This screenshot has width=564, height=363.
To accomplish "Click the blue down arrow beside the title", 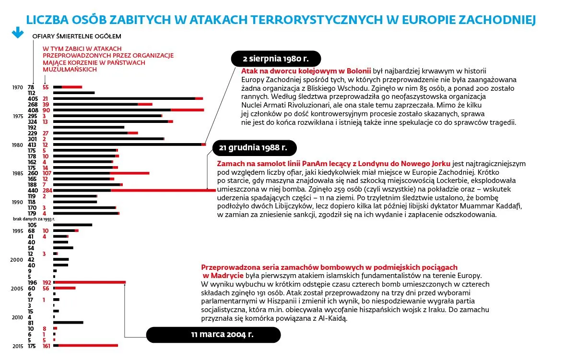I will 18,32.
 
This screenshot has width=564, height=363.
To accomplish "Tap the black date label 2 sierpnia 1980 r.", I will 275,59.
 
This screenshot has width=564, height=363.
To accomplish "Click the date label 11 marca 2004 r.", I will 213,335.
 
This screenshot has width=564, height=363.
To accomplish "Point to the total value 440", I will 33,190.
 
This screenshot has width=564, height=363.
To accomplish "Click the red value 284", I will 47,190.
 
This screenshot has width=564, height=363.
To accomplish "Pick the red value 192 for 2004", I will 47,282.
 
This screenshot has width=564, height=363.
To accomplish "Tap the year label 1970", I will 18,87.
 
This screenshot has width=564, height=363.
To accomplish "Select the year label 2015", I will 18,346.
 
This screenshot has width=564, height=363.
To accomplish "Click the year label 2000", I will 17,259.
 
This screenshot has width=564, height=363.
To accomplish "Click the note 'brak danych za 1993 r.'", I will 34,218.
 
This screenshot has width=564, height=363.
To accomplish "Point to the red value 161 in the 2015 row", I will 47,346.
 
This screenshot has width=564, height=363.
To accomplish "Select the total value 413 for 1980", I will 33,144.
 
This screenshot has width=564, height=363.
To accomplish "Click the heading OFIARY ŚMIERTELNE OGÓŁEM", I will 77,36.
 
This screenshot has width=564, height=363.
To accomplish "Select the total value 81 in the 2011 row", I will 31,323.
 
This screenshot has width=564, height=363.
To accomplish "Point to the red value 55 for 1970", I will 46,87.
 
